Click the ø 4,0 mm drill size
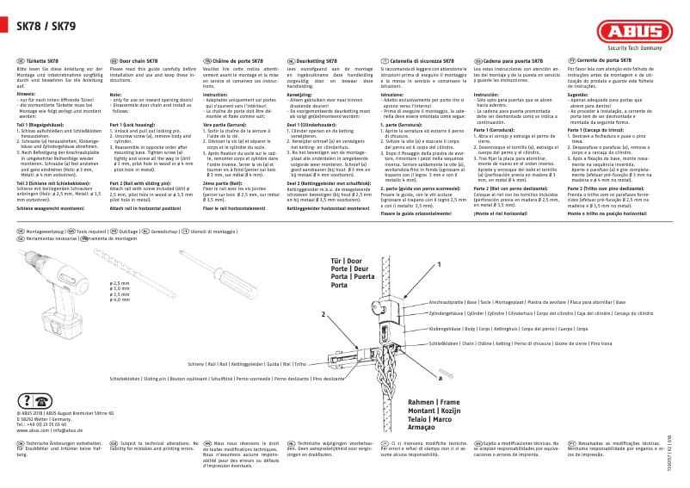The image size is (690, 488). [120, 300]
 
